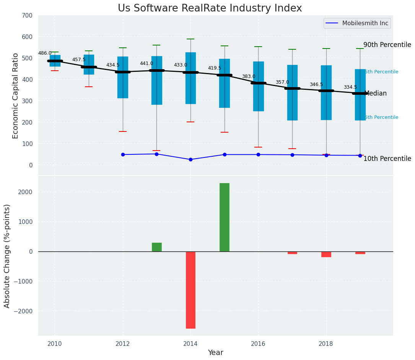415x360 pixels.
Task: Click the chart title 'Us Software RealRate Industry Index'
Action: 210,8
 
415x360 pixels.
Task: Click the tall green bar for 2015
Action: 225,217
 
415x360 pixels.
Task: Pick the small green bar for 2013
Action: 156,247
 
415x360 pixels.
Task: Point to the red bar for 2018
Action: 326,254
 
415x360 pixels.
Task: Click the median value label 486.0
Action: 45,53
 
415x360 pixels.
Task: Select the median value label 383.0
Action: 249,76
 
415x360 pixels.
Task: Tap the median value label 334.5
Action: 350,87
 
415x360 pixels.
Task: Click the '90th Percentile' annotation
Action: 387,45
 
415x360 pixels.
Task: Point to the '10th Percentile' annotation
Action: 387,159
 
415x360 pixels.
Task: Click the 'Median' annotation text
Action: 376,93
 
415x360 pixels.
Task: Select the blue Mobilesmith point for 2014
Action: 190,159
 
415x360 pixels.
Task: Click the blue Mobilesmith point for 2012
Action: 123,154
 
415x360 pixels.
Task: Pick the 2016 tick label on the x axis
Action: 258,344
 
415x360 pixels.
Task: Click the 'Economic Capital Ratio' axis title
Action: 16,96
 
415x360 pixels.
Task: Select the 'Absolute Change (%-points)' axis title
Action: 7,256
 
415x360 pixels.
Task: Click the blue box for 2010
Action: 55,61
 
